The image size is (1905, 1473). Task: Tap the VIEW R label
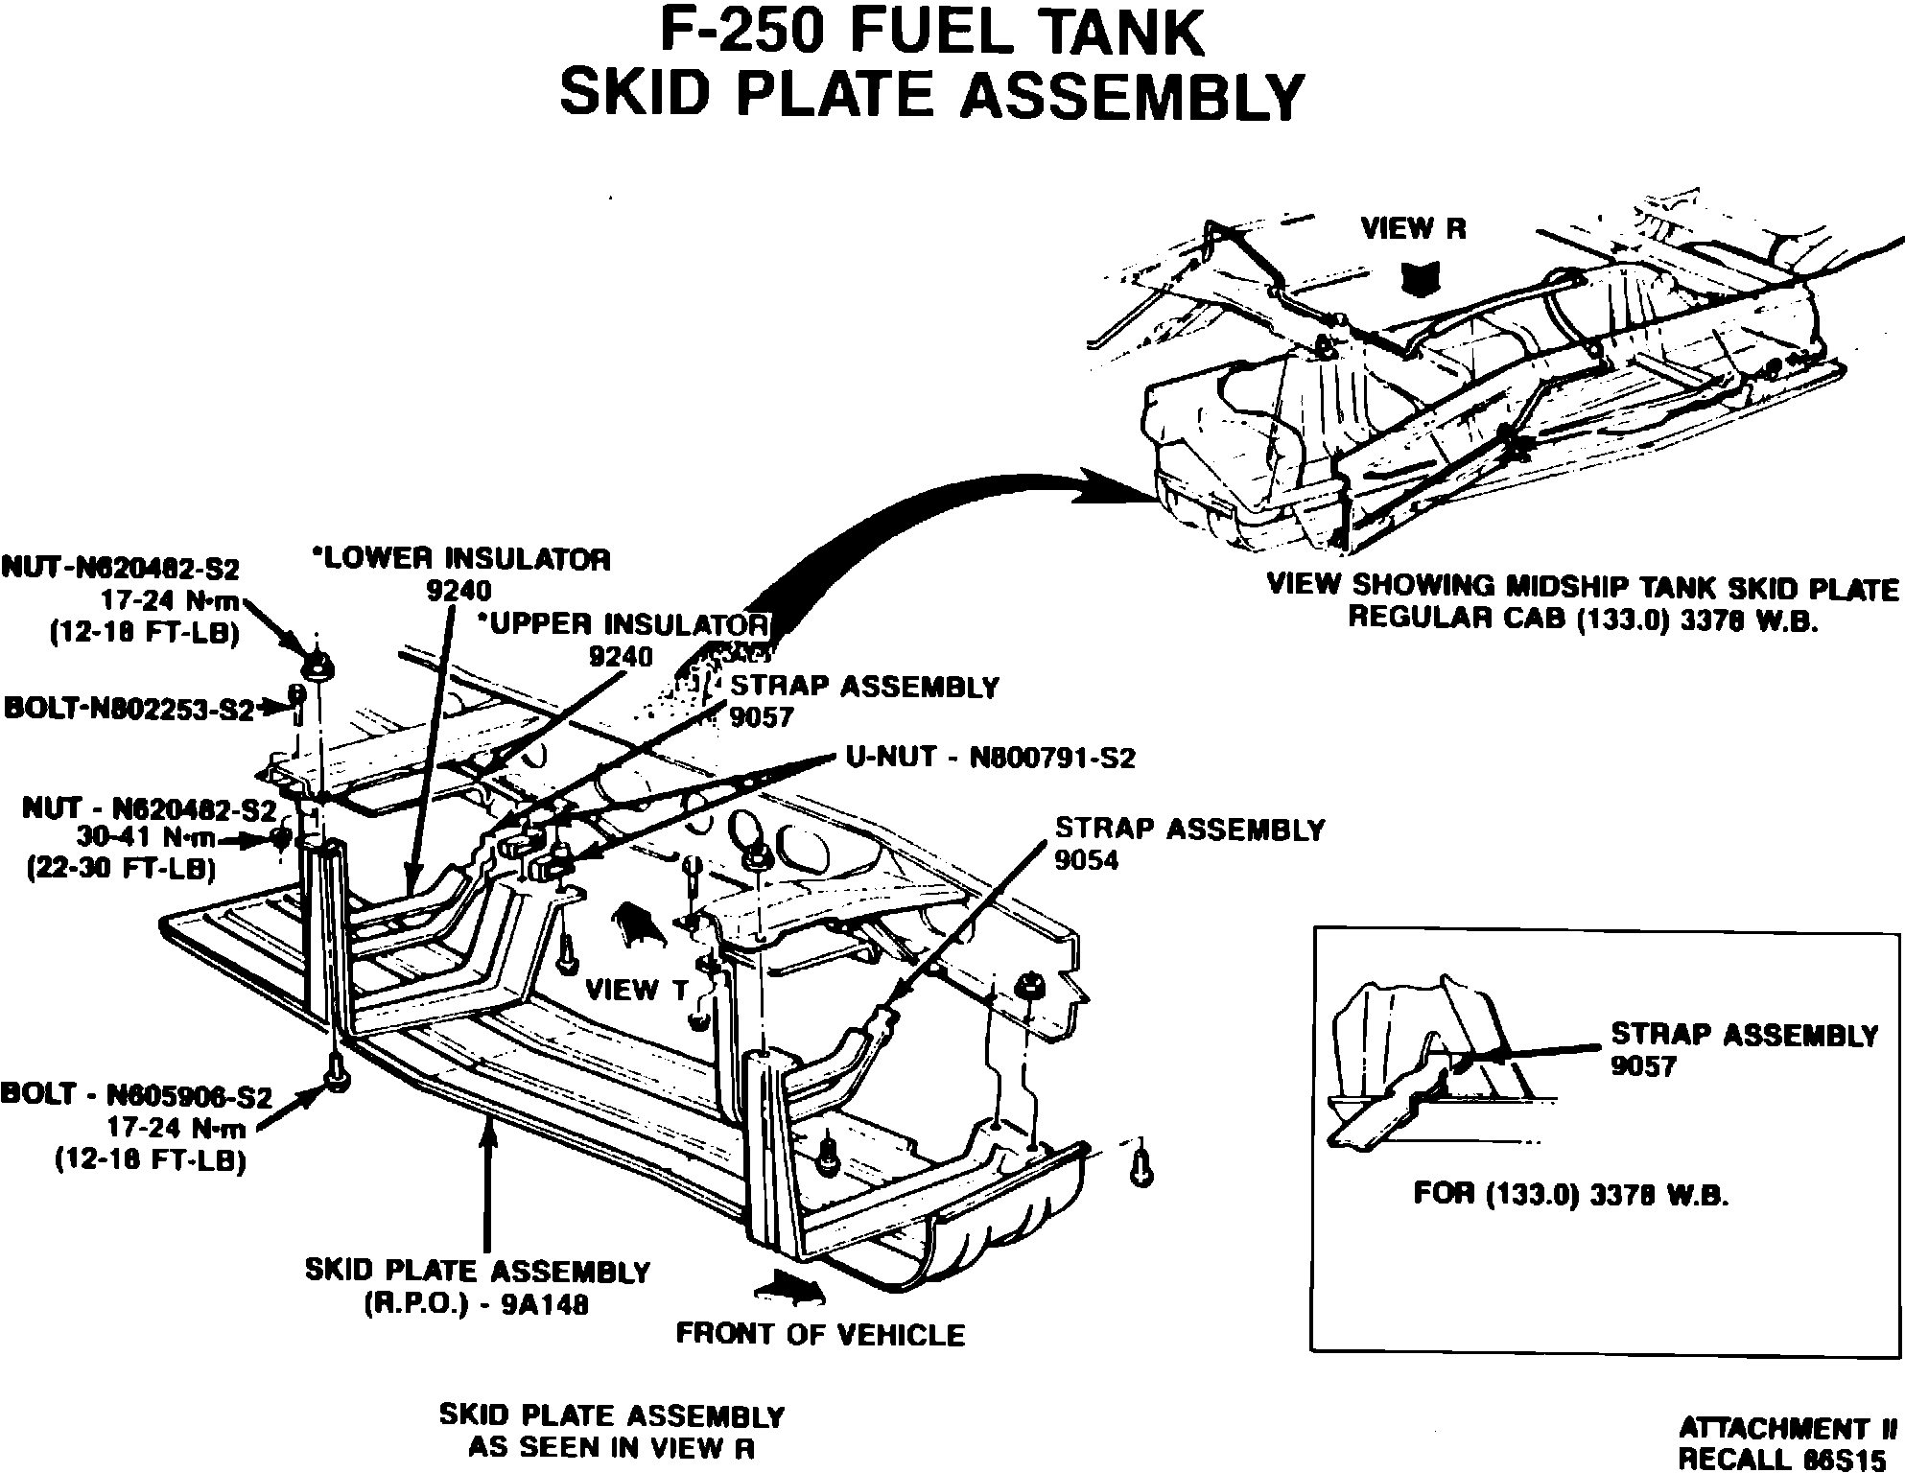1413,229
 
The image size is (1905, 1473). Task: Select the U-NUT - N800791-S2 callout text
990,759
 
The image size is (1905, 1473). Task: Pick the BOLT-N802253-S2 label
130,709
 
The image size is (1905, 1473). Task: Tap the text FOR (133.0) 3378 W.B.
1570,1195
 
